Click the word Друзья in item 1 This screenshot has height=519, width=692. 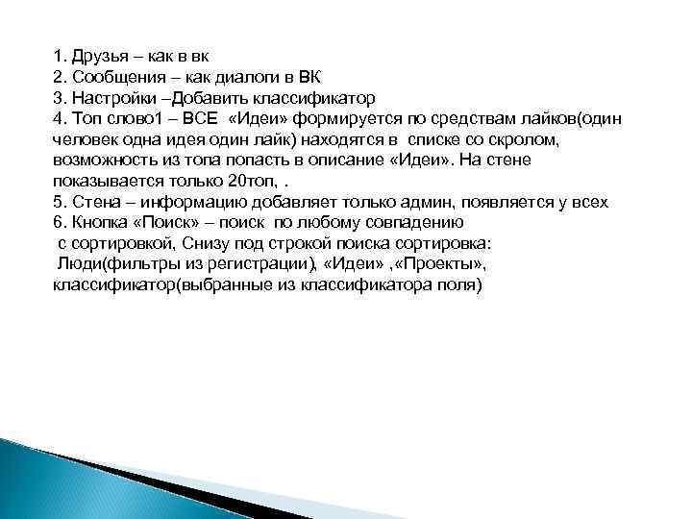[x=99, y=55]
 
